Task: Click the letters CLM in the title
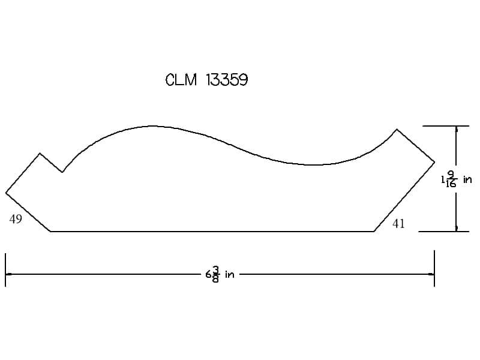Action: click(181, 80)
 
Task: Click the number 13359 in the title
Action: click(227, 80)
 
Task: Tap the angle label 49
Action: click(16, 219)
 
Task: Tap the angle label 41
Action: click(398, 224)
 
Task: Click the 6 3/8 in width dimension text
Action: click(220, 274)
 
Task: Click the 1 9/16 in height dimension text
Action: click(457, 179)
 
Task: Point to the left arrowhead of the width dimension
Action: click(8, 274)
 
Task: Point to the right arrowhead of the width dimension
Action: click(431, 274)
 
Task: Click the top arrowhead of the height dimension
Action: click(457, 129)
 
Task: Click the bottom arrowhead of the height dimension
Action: click(457, 228)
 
